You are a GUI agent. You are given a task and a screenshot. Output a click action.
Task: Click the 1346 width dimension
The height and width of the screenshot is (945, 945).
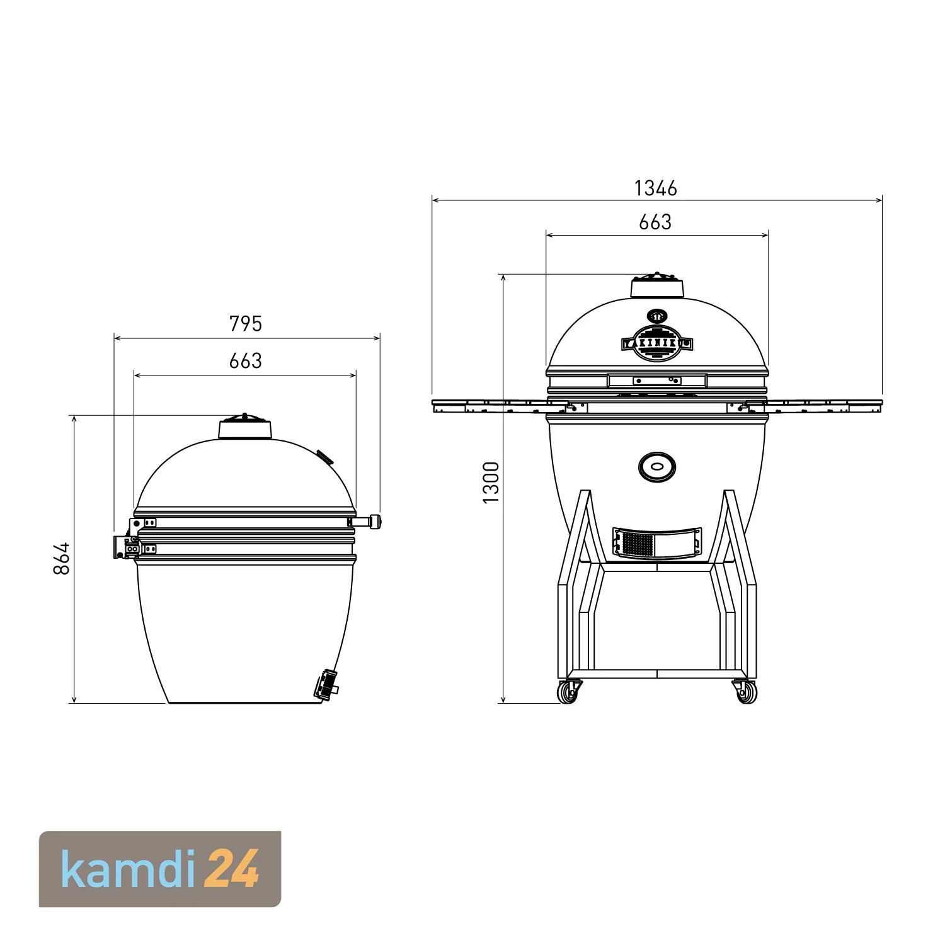click(x=655, y=188)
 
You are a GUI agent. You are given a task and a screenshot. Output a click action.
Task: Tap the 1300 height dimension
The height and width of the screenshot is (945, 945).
click(x=491, y=482)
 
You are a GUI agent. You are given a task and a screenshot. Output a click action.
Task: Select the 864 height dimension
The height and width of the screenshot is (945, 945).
click(x=61, y=558)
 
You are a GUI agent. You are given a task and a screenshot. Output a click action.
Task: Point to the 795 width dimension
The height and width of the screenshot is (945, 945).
click(x=245, y=323)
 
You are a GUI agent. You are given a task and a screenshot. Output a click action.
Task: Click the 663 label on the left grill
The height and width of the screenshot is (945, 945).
click(x=245, y=360)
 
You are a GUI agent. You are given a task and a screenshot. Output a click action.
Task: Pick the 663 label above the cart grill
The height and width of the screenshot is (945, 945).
click(x=655, y=222)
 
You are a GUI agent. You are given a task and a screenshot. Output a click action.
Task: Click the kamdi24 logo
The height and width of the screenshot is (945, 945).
click(x=160, y=869)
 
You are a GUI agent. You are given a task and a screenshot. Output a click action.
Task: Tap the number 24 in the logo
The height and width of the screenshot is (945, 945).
click(x=236, y=869)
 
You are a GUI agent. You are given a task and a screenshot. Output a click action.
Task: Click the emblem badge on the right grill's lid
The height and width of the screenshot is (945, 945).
click(x=657, y=343)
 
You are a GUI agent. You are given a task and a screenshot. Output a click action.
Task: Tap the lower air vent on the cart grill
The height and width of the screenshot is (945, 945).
click(x=657, y=542)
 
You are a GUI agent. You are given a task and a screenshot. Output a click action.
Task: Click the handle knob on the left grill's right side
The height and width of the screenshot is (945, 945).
click(x=375, y=522)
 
